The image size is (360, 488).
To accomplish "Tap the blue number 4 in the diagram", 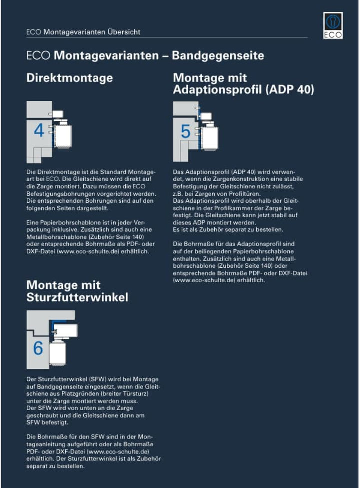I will [39, 131].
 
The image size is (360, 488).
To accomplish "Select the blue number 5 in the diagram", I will [185, 132].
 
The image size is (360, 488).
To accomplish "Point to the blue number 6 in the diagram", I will [38, 348].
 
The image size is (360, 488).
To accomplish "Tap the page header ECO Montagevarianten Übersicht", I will [83, 32].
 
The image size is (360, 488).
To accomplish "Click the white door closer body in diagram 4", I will [62, 135].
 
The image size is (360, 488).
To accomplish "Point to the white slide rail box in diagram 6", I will [64, 330].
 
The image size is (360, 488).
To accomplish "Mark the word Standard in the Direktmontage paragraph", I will [121, 171].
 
